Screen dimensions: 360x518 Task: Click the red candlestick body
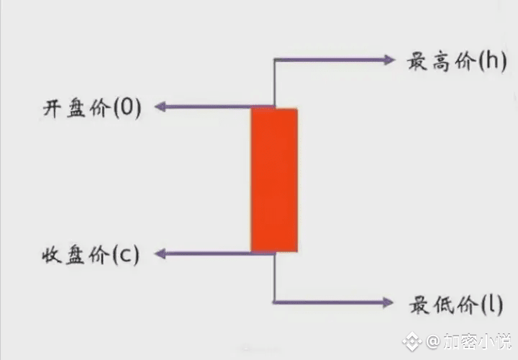click(274, 180)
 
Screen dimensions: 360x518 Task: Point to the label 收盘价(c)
click(91, 254)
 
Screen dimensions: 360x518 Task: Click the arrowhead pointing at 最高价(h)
click(388, 60)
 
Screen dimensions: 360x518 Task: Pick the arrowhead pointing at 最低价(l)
click(388, 302)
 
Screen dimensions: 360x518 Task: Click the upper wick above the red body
click(274, 83)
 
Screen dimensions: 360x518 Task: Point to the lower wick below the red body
click(274, 277)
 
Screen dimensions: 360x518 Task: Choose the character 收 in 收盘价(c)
click(52, 254)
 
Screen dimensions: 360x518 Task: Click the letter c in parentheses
click(125, 255)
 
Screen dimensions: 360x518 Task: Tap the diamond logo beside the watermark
click(414, 339)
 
